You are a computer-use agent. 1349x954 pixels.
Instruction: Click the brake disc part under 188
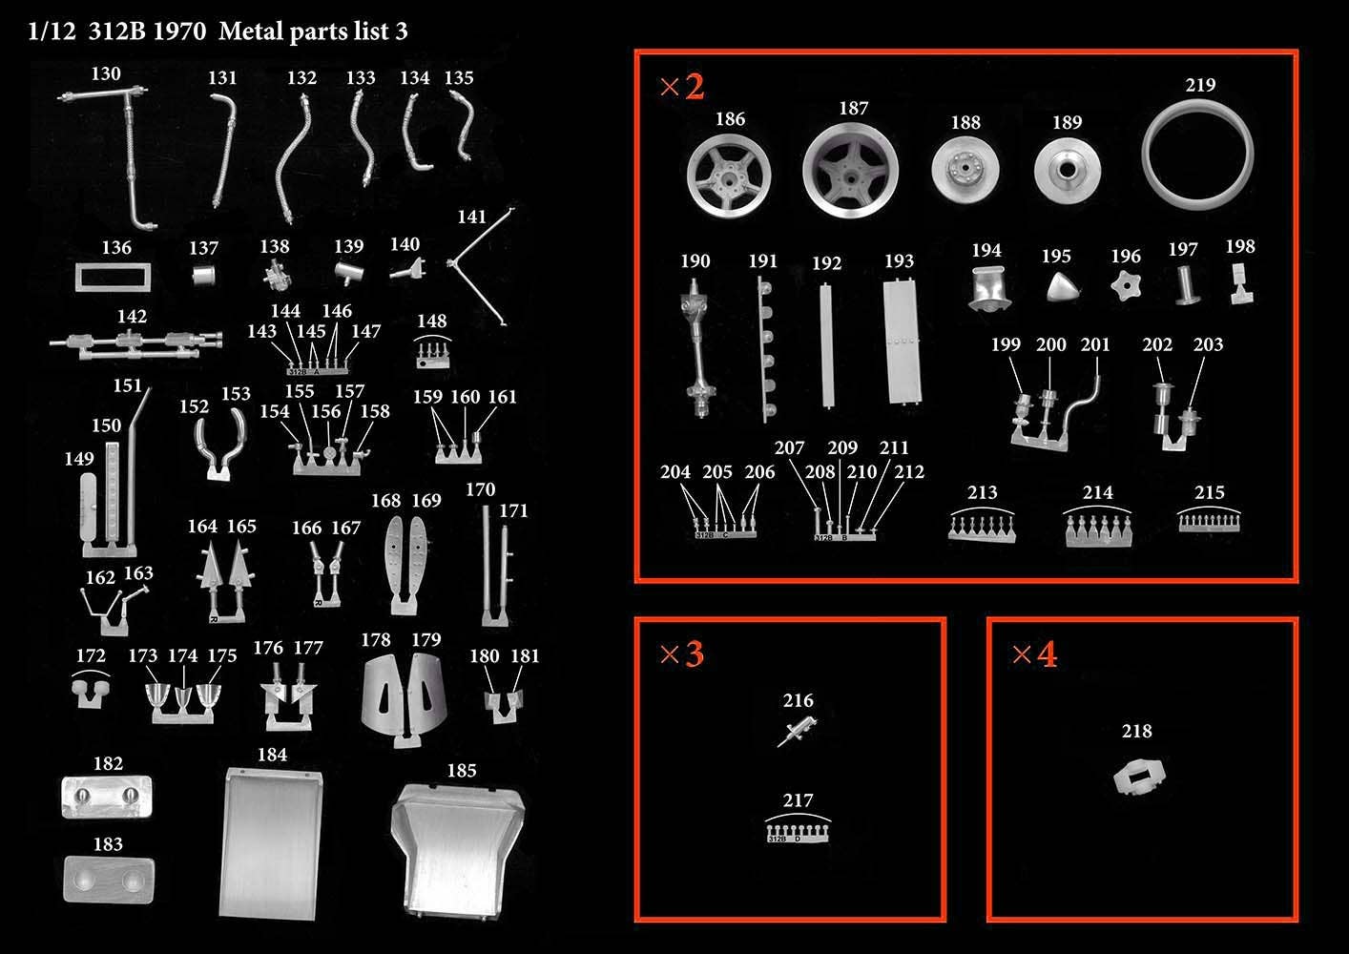point(965,169)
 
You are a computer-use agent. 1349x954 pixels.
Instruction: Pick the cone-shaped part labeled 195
point(1061,287)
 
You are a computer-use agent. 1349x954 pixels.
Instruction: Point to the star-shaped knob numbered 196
point(1126,286)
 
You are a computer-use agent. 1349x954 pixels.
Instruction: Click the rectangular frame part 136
point(78,278)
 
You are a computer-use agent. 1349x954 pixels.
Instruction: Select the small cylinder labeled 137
point(203,277)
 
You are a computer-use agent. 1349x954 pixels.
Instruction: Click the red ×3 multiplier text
point(682,653)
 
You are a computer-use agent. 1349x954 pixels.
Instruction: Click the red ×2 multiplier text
point(682,87)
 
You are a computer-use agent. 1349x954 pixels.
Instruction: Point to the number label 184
point(272,754)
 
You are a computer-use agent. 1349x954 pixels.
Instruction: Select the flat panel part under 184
point(271,843)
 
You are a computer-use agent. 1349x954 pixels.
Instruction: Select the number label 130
point(106,73)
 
